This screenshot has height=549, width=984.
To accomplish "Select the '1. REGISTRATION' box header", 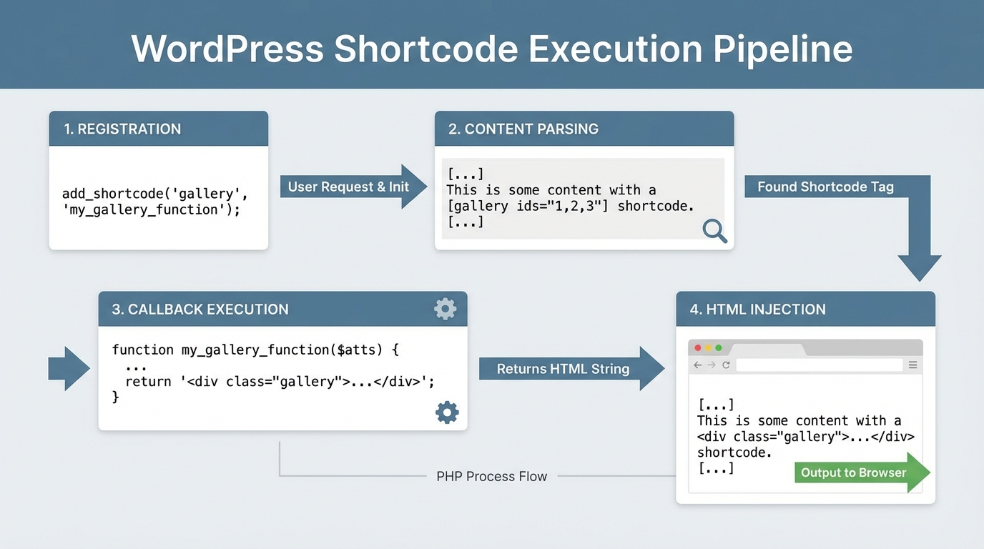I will pyautogui.click(x=122, y=129).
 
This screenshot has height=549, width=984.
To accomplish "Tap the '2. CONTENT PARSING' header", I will pyautogui.click(x=523, y=129).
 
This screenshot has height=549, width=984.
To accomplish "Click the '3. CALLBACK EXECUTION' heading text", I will pyautogui.click(x=200, y=310).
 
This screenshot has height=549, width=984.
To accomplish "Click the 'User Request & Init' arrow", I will pyautogui.click(x=349, y=187).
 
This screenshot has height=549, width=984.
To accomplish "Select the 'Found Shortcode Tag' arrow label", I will pyautogui.click(x=825, y=187).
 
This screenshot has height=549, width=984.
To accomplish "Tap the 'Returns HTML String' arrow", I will pyautogui.click(x=553, y=369).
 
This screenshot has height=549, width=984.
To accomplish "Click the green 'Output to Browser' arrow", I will pyautogui.click(x=854, y=473).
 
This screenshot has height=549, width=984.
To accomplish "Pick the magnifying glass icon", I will pyautogui.click(x=714, y=230).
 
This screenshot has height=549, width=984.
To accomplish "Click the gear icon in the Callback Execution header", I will pyautogui.click(x=445, y=309).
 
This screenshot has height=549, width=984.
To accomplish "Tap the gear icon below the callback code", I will pyautogui.click(x=447, y=412).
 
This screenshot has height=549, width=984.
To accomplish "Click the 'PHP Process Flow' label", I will pyautogui.click(x=491, y=476).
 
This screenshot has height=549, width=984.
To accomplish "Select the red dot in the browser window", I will pyautogui.click(x=698, y=348).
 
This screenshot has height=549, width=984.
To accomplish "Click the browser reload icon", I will pyautogui.click(x=726, y=365).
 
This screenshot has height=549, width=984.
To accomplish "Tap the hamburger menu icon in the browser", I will pyautogui.click(x=913, y=365).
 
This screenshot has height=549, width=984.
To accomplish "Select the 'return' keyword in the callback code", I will pyautogui.click(x=148, y=382).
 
